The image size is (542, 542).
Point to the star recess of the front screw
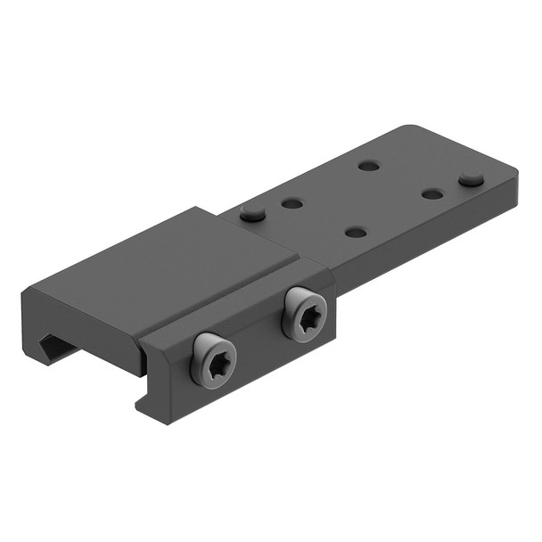tap(215, 360)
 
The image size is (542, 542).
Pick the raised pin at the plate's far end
tap(472, 180)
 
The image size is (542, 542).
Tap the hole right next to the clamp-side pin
tap(292, 203)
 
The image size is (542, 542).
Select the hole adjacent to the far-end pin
tap(433, 193)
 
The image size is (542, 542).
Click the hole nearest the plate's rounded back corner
tap(369, 165)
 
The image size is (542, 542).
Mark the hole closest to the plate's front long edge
tap(356, 232)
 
